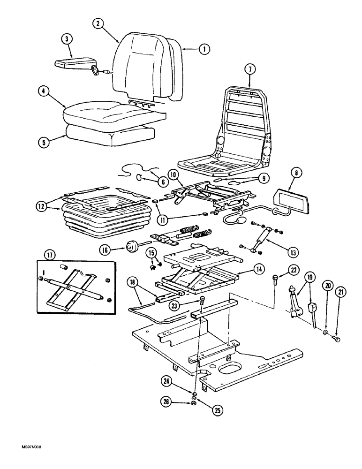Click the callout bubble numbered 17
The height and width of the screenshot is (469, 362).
tap(51, 255)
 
